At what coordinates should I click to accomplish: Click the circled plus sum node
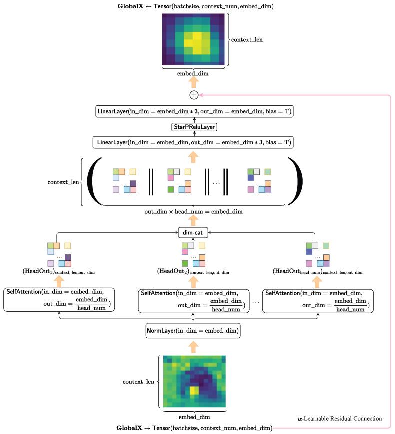193,95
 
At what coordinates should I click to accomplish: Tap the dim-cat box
193,231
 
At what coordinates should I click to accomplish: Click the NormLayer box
193,330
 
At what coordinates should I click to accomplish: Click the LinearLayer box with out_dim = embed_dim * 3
193,142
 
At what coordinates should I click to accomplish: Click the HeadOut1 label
58,272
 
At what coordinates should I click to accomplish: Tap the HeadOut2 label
193,272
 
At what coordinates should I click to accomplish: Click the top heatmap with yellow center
193,39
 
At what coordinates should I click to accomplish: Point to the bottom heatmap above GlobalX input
193,381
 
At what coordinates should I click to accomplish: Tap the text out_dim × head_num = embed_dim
193,212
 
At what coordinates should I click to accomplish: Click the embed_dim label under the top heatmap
193,73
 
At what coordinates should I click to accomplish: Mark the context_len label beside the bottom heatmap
138,382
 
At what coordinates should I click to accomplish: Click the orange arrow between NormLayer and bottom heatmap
193,347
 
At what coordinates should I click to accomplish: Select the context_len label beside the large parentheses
64,183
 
